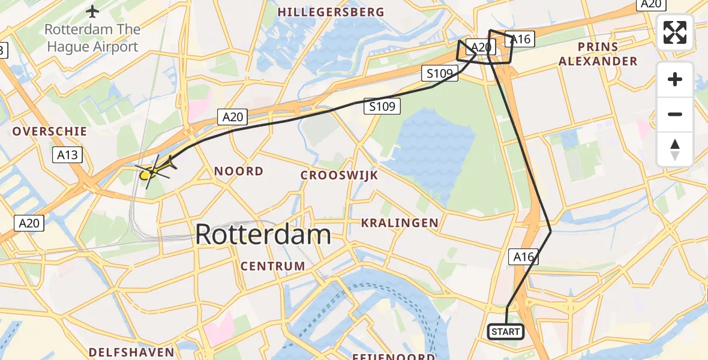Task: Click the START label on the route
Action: (506, 331)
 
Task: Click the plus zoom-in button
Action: (675, 79)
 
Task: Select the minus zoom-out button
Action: (675, 114)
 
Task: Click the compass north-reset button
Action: (675, 149)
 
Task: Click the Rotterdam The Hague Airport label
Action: (92, 38)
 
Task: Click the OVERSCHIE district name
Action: (50, 131)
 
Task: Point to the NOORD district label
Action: (239, 171)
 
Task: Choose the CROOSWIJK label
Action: (339, 175)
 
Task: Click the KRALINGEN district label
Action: (400, 223)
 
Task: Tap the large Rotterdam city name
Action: (263, 235)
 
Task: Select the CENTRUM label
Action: (272, 265)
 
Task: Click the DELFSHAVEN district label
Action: (131, 352)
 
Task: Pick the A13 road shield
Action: (68, 155)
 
